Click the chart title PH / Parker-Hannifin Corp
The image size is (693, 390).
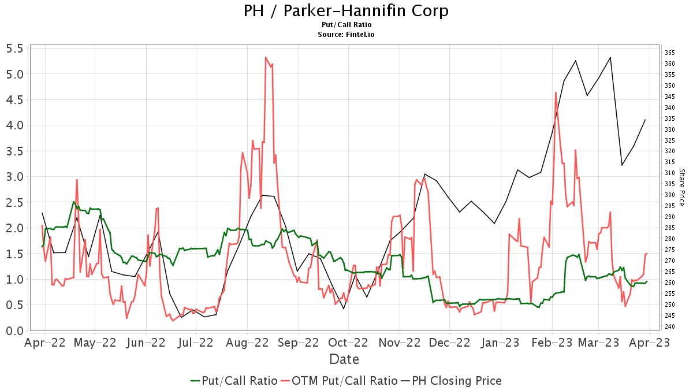point(346,10)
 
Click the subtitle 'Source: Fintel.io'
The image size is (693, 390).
point(346,35)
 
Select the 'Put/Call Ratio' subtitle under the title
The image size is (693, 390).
point(346,25)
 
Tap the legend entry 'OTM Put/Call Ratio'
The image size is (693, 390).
point(345,381)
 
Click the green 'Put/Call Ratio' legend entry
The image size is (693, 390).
point(239,381)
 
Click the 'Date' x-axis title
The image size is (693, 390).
point(344,359)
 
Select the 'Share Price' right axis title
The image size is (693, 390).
point(681,187)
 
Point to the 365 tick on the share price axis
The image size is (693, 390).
point(670,53)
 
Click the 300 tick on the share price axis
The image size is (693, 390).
point(670,195)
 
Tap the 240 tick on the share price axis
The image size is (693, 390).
point(670,326)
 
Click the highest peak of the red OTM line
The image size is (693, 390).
point(266,57)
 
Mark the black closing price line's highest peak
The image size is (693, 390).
point(610,57)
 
